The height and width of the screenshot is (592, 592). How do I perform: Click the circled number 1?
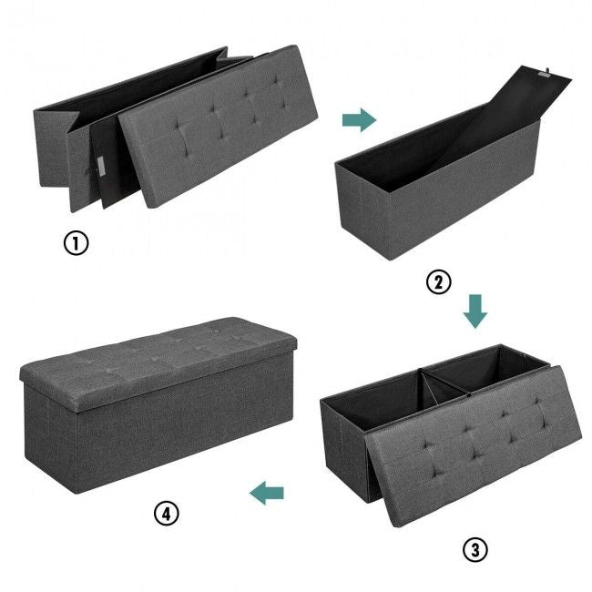click(76, 243)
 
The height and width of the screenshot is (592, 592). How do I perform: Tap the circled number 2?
click(438, 282)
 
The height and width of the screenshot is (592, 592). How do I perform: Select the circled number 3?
click(475, 550)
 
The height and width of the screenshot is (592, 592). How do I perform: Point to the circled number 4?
click(167, 513)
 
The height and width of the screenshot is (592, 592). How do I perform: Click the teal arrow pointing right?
click(359, 120)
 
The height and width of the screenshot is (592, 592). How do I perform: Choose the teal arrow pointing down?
click(475, 311)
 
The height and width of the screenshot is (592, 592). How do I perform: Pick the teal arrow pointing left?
click(267, 493)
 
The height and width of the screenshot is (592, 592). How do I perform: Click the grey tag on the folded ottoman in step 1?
click(100, 167)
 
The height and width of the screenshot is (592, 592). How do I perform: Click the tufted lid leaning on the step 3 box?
click(472, 445)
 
